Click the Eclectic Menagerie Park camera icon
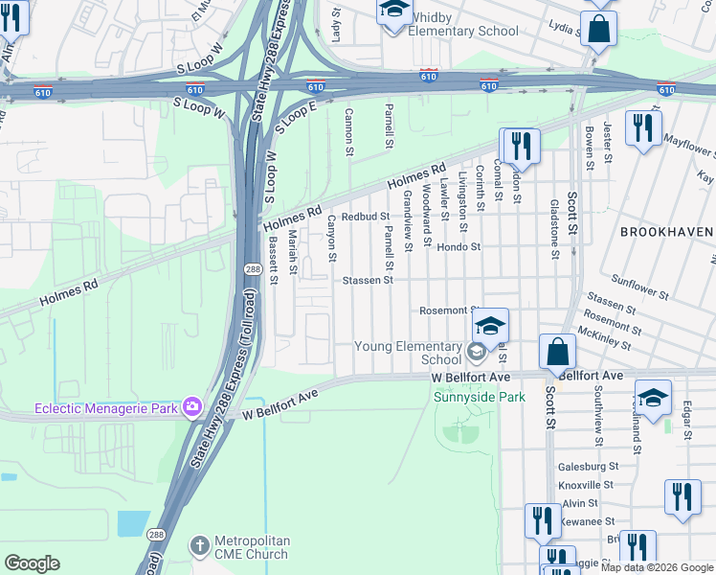[x=191, y=407]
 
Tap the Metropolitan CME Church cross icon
[x=199, y=543]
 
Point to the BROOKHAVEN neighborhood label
[x=666, y=232]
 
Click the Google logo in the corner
[x=32, y=563]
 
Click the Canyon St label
[x=332, y=239]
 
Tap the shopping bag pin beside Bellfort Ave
[x=557, y=352]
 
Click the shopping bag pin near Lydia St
[x=598, y=30]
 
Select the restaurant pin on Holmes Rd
[x=520, y=146]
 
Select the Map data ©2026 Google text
[x=657, y=566]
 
